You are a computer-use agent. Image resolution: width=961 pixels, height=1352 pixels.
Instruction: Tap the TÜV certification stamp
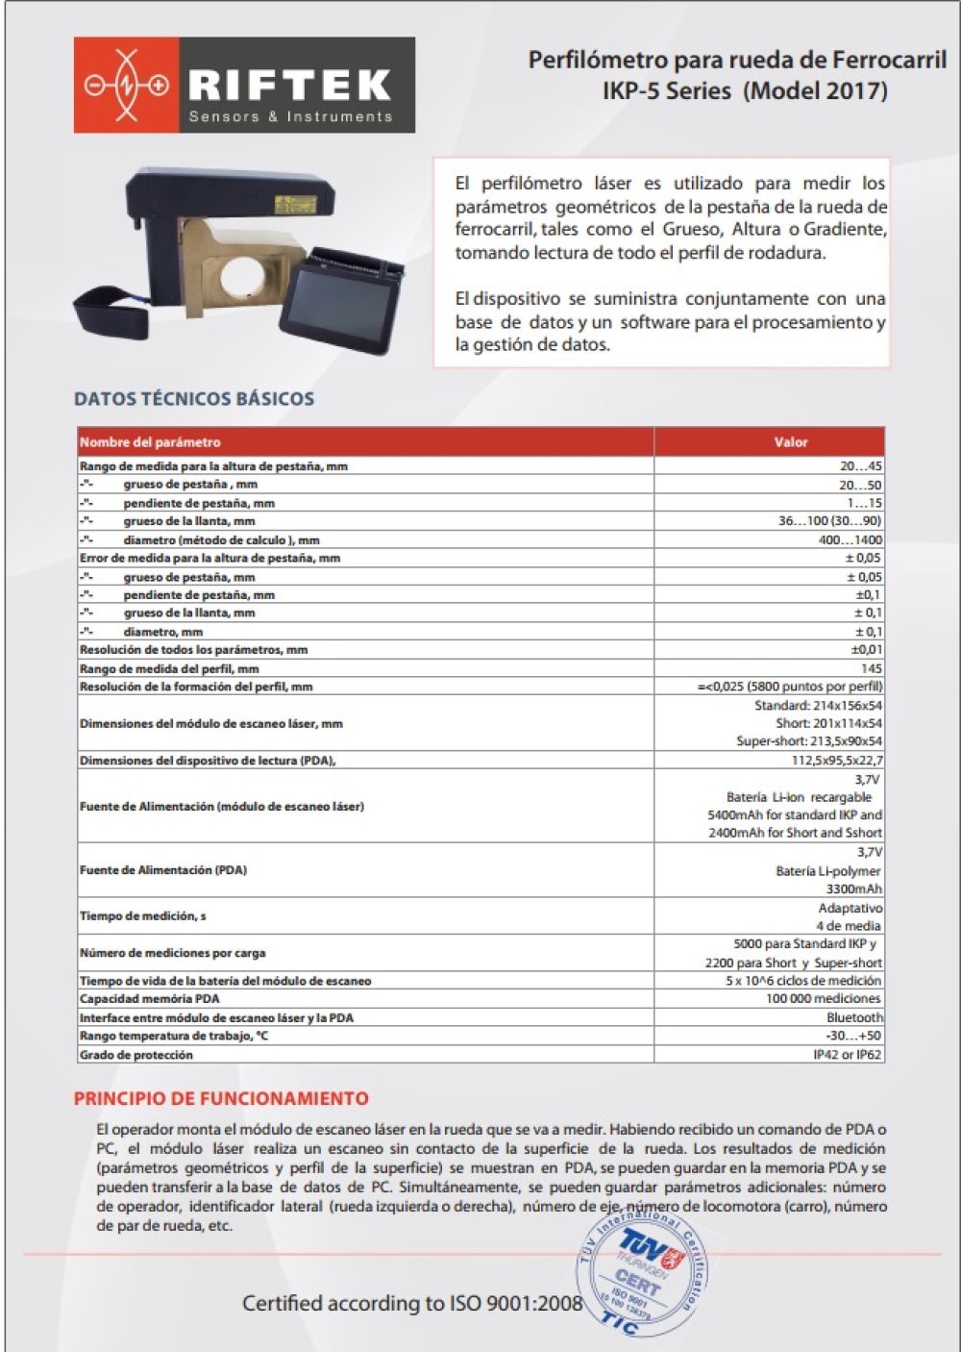coord(640,1275)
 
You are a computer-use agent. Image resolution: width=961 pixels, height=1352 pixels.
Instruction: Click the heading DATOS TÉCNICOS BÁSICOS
coord(194,398)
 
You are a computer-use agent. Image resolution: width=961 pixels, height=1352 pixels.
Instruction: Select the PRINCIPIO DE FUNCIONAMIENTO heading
coord(221,1098)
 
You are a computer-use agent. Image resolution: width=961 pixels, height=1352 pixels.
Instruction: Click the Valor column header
coord(791,442)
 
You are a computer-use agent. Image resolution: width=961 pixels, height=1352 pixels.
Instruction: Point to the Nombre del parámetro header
coord(150,442)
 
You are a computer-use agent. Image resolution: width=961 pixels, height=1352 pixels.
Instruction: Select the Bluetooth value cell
coord(854,1017)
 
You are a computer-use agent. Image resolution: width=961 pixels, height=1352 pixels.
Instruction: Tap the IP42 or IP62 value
coord(848,1055)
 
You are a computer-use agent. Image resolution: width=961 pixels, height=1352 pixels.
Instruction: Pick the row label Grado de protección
coord(136,1055)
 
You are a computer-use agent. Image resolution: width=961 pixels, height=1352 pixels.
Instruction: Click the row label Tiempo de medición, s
coord(143,916)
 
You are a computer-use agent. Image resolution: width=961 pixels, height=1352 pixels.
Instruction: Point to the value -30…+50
coord(853,1037)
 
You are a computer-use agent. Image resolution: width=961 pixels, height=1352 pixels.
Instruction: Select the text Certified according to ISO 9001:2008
coord(412,1304)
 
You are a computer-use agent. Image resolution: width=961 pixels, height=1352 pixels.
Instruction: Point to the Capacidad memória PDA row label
coord(149,999)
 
